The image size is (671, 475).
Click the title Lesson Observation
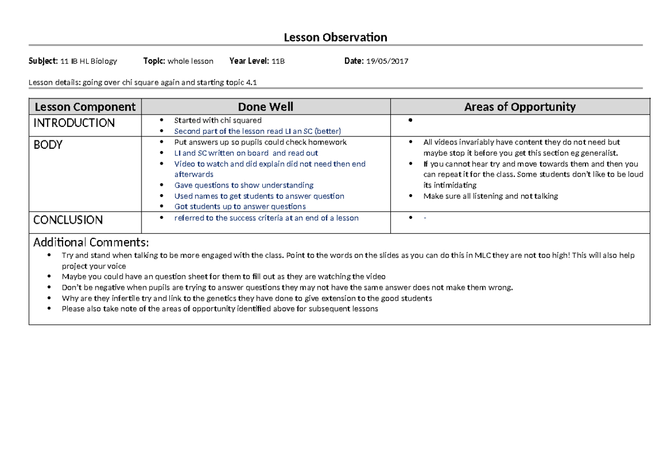click(335, 37)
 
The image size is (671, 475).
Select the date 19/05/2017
click(387, 61)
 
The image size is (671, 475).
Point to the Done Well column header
click(266, 107)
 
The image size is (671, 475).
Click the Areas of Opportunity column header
click(519, 107)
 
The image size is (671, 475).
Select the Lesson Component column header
click(85, 107)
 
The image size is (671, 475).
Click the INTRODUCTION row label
click(74, 123)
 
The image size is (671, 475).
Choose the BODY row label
click(48, 145)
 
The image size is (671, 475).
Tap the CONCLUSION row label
click(68, 220)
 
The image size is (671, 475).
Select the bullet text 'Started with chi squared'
click(218, 120)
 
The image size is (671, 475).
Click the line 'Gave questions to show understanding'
click(244, 185)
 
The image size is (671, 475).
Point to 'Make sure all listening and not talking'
click(490, 196)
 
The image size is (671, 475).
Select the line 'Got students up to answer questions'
click(240, 206)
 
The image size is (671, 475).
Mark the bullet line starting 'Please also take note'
click(220, 309)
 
